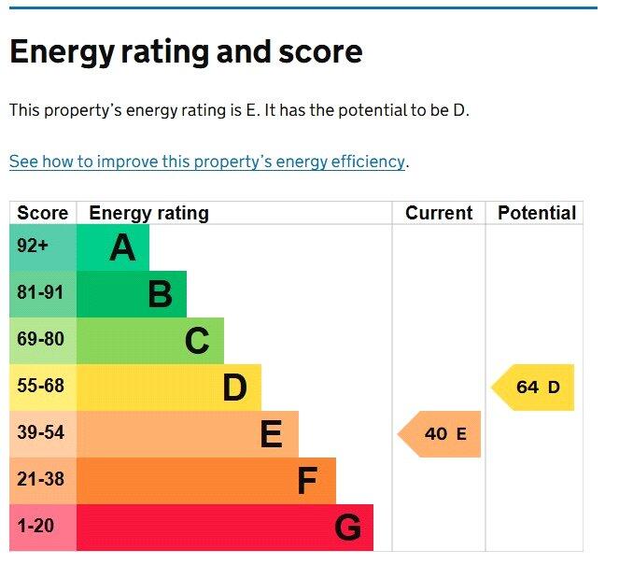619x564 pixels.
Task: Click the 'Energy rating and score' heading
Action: [x=186, y=52]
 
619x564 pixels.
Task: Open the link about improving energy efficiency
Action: [x=207, y=162]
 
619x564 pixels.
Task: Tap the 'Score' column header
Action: [x=43, y=213]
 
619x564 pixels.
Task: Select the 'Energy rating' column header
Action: [x=148, y=213]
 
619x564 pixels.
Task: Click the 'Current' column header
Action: [x=439, y=213]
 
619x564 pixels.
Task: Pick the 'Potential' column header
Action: [x=536, y=213]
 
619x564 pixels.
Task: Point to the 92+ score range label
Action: [x=33, y=247]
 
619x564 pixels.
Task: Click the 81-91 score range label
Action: [x=40, y=293]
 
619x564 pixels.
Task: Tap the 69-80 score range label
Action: [x=40, y=340]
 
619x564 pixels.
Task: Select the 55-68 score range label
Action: [x=40, y=387]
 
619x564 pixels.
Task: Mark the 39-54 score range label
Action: [x=40, y=433]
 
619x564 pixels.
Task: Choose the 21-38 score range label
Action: [x=40, y=480]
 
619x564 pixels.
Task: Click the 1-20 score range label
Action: [x=35, y=527]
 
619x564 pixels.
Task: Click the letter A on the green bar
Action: [x=122, y=248]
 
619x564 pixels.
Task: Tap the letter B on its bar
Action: [x=160, y=295]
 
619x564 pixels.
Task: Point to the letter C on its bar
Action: [x=197, y=342]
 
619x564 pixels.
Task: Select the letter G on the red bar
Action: [x=347, y=529]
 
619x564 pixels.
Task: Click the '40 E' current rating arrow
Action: [x=441, y=434]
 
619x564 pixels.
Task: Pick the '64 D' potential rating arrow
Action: [x=534, y=388]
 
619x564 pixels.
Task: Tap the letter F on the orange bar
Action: [x=308, y=482]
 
